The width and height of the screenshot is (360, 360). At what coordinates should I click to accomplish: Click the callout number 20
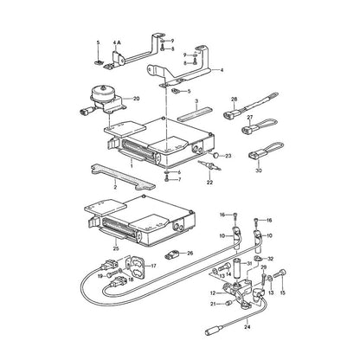tap(136, 99)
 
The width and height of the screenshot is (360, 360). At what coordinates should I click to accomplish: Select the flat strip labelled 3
tap(195, 114)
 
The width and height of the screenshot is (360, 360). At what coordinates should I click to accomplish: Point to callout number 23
tap(228, 156)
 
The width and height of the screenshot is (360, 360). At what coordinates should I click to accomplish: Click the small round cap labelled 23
tap(215, 156)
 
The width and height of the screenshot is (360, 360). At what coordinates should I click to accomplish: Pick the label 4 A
tap(117, 42)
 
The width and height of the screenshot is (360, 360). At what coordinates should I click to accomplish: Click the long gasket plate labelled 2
tap(123, 177)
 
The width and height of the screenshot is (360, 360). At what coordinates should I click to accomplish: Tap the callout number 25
tap(116, 248)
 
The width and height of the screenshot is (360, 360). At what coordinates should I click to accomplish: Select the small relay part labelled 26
tap(173, 254)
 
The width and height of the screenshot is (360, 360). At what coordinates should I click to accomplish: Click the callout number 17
tap(153, 266)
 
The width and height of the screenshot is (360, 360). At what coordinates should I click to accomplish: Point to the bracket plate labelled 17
tap(137, 265)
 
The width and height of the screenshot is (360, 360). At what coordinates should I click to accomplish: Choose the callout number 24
tap(247, 327)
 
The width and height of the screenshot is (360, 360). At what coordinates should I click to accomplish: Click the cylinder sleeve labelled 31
tap(238, 270)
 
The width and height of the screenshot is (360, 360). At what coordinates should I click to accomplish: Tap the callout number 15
tap(282, 292)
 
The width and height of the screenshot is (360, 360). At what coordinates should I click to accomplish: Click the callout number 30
tap(259, 170)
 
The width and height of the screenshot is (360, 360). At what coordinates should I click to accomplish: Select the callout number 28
tap(234, 100)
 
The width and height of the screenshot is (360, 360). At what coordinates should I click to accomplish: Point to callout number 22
tap(209, 182)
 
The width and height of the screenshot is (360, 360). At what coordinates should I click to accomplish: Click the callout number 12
tap(213, 292)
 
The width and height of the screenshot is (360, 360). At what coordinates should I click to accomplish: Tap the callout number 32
tap(270, 259)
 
